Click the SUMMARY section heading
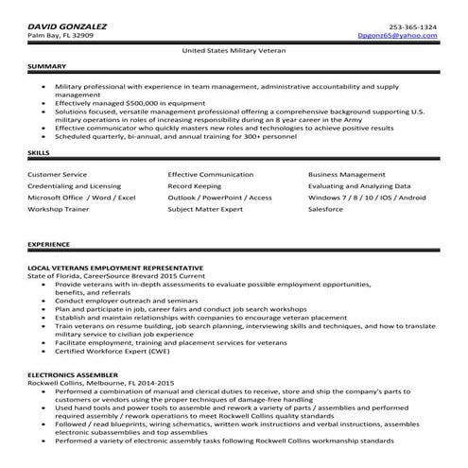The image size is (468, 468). [x=46, y=67]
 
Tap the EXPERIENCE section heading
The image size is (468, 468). [x=48, y=244]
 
